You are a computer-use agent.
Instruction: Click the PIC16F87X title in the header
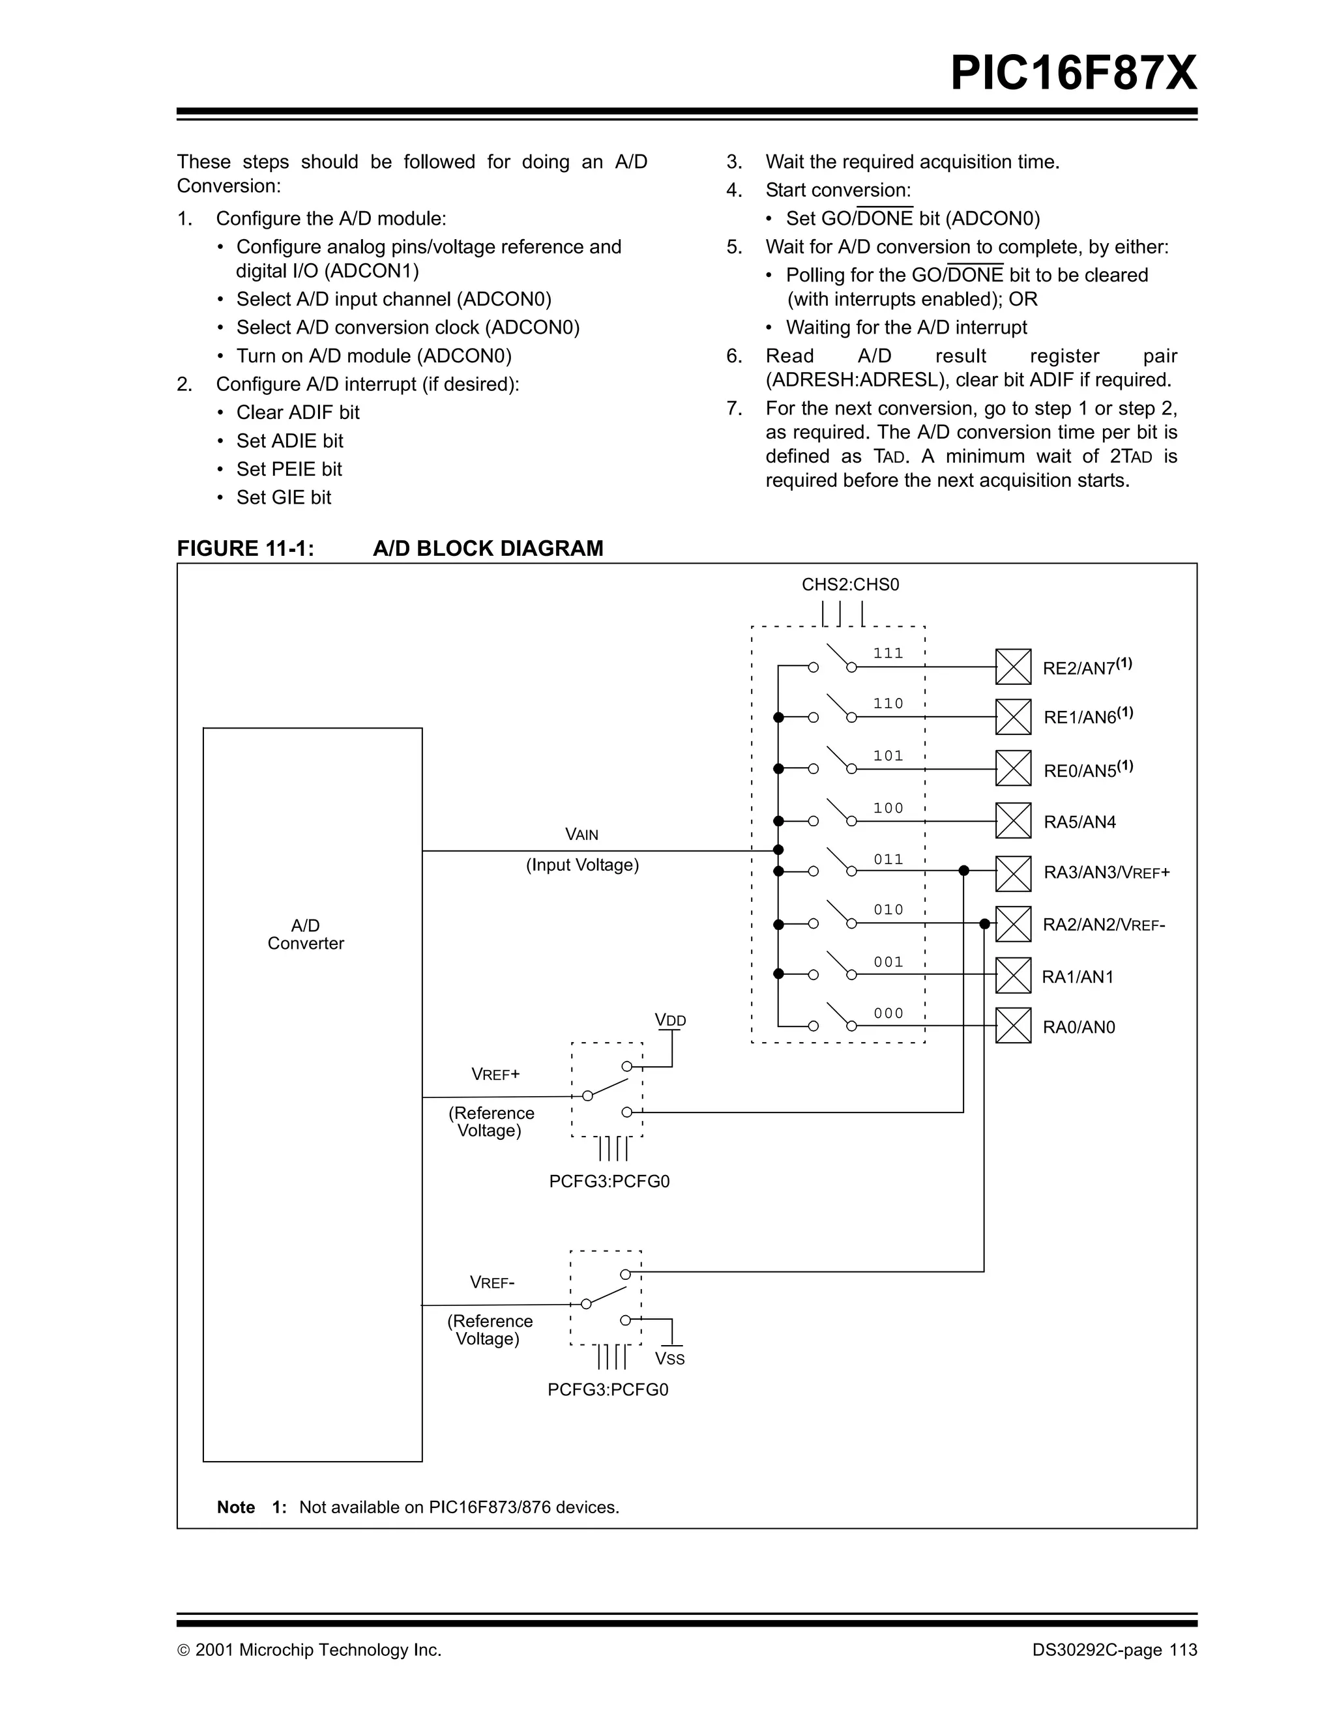(1073, 74)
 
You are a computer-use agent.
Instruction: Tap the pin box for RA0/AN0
(1013, 1026)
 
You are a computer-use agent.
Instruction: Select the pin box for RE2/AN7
(1013, 667)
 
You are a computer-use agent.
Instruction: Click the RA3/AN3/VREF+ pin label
(1106, 873)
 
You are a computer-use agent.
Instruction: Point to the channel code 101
(888, 756)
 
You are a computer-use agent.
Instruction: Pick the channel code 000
(888, 1013)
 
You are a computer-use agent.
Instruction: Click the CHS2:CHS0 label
(850, 585)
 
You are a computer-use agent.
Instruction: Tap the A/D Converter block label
(306, 935)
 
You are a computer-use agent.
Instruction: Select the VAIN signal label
(581, 835)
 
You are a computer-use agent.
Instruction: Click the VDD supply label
(671, 1021)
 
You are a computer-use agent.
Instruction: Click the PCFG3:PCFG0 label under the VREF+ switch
(609, 1181)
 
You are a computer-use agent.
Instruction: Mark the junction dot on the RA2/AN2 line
(984, 923)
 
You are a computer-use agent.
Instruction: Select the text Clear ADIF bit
(297, 413)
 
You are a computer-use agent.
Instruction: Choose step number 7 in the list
(734, 409)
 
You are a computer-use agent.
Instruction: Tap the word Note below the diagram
(235, 1507)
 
